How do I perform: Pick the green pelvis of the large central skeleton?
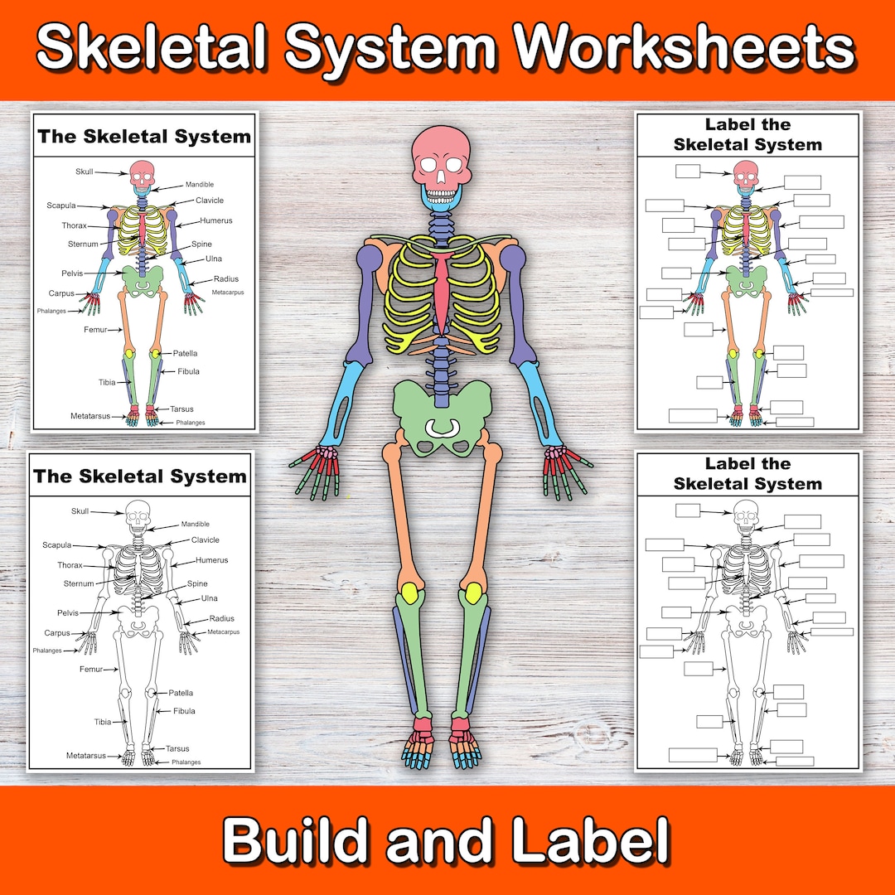click(x=442, y=414)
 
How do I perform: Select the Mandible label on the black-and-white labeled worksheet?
click(x=196, y=525)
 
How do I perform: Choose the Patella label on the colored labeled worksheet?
click(x=186, y=353)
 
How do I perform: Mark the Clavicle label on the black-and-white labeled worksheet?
click(x=206, y=540)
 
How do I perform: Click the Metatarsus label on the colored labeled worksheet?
click(x=91, y=415)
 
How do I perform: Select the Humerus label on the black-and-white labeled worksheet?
click(x=211, y=560)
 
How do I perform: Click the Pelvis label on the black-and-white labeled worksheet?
click(x=68, y=612)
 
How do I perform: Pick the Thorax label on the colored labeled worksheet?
click(x=74, y=225)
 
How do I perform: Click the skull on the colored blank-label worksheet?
click(x=746, y=173)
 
